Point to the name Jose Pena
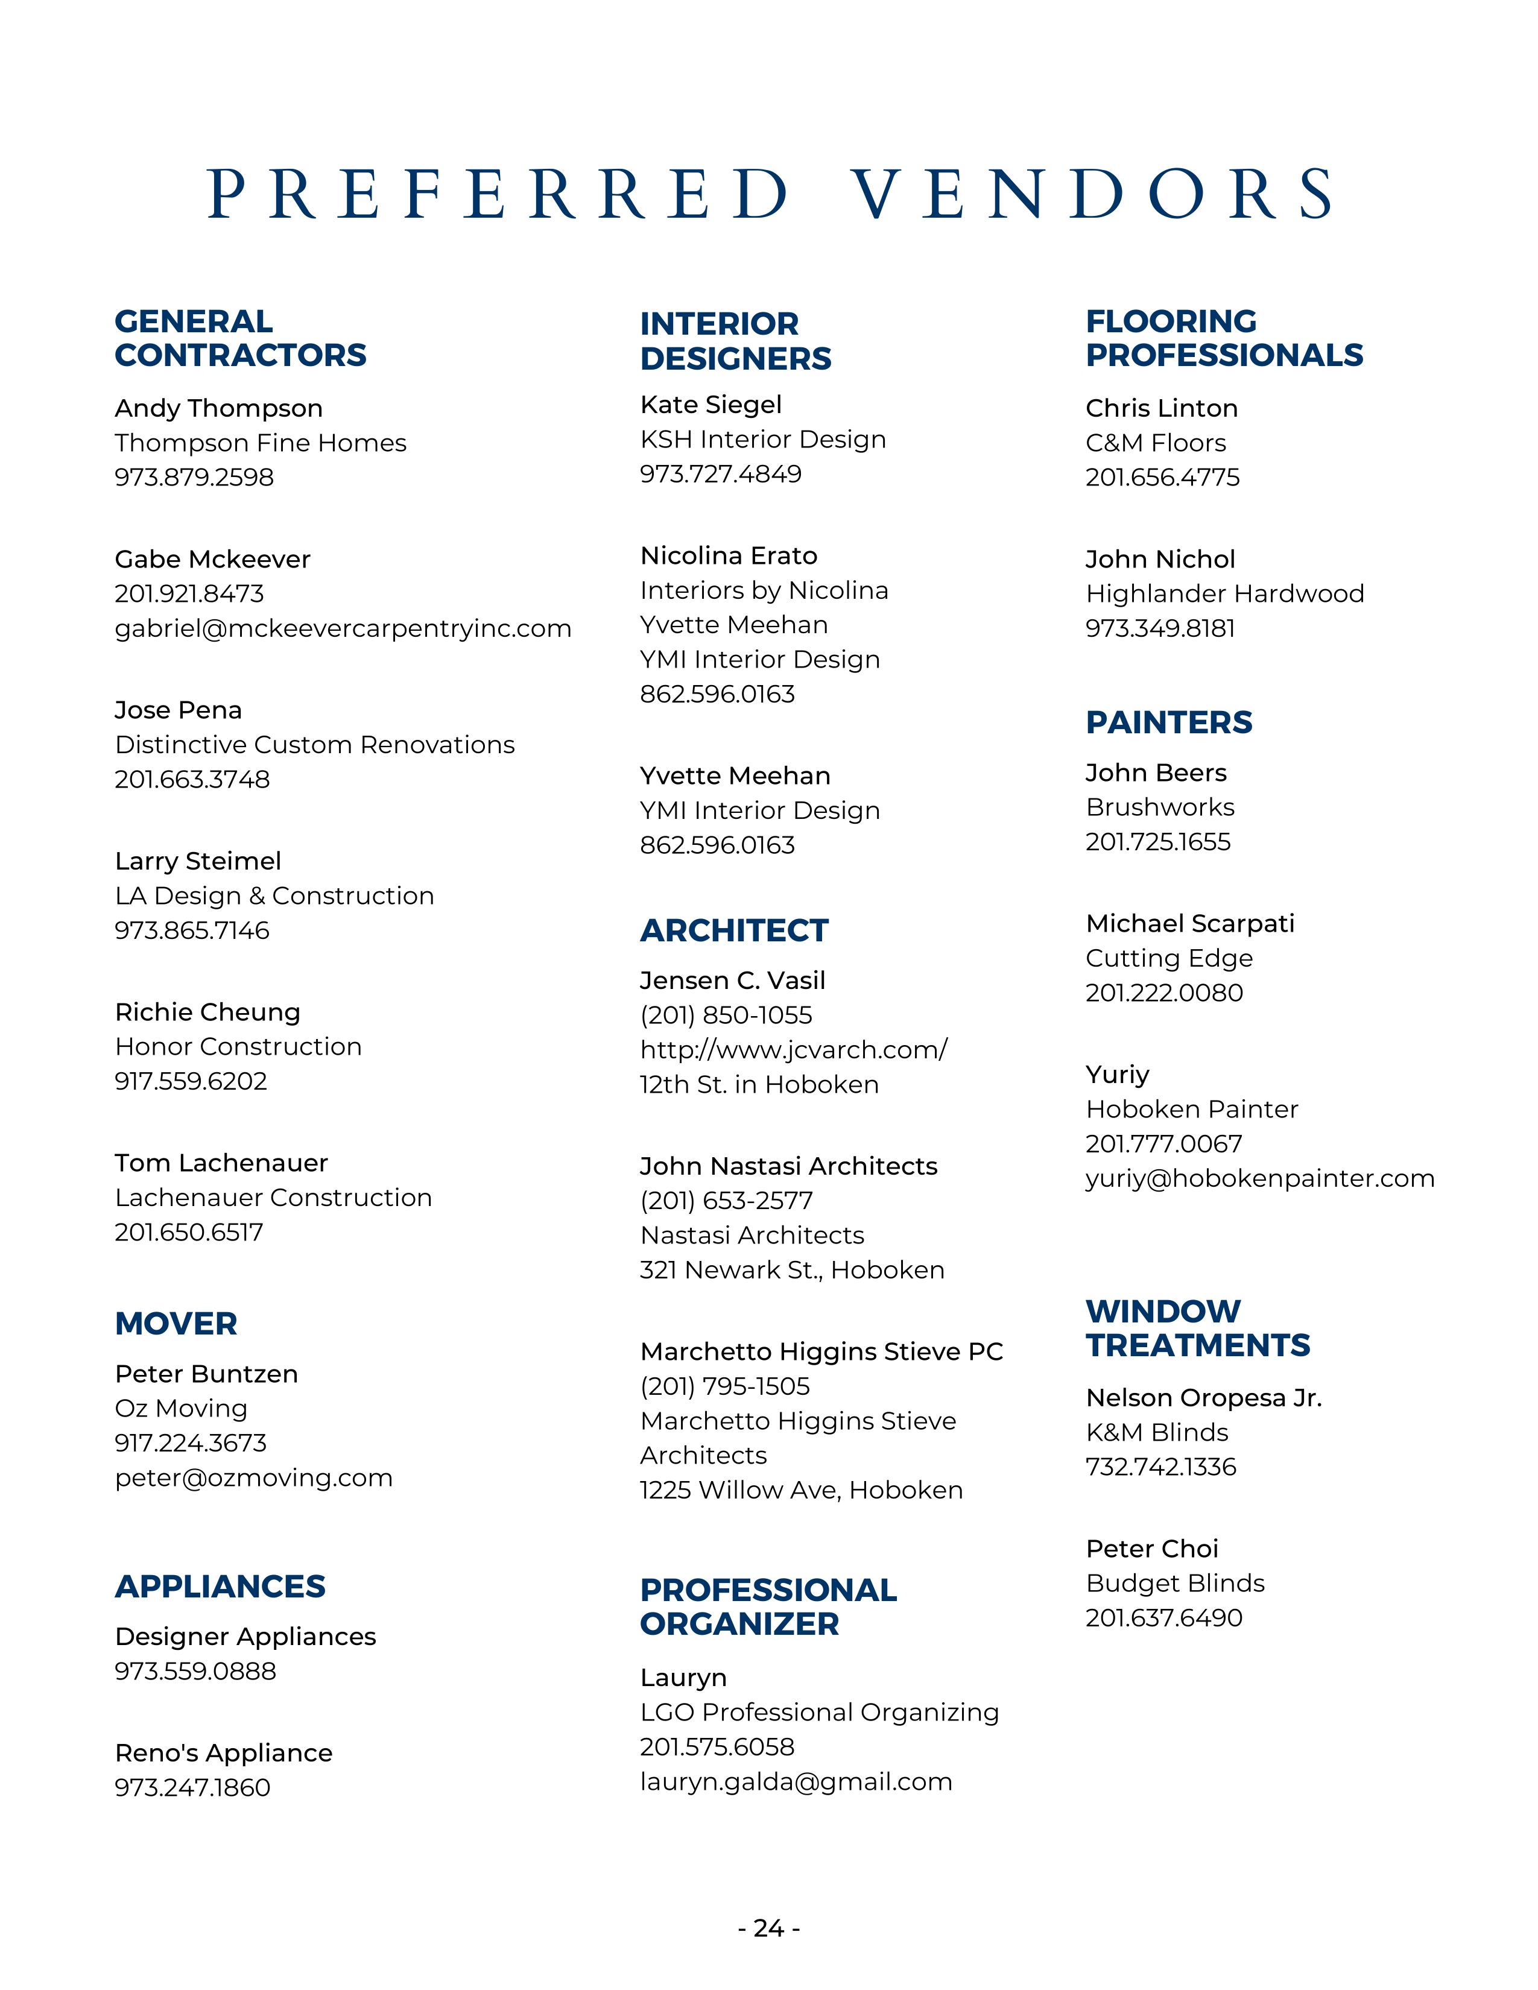point(179,710)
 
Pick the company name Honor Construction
point(238,1046)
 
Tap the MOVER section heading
point(176,1323)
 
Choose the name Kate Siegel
point(710,405)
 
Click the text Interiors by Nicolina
point(764,590)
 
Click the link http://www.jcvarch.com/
point(793,1050)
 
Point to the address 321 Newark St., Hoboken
point(792,1269)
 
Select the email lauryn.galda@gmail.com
point(796,1781)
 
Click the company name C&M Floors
point(1156,443)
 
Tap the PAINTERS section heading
point(1168,722)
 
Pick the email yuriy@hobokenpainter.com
point(1259,1178)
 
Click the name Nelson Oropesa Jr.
point(1203,1398)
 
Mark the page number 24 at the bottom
point(769,1928)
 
